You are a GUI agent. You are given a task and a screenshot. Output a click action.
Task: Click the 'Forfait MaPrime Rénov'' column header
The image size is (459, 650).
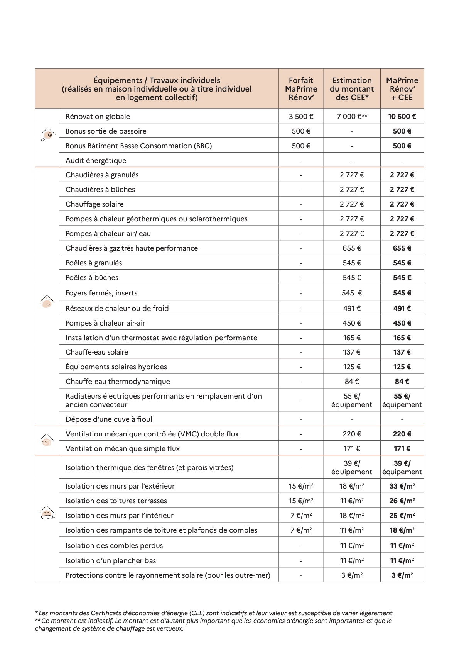[x=301, y=89]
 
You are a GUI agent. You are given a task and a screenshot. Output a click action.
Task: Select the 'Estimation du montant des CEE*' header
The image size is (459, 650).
[x=352, y=89]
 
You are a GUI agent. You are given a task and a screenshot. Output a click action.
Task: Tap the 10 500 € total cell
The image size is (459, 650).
[x=402, y=117]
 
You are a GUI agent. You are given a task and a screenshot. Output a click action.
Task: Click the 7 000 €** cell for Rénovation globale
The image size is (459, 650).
[x=352, y=117]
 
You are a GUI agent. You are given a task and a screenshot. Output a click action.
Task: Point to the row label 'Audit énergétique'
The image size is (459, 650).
[x=96, y=161]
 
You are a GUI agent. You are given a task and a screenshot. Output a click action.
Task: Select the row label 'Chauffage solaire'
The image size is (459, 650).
[x=94, y=204]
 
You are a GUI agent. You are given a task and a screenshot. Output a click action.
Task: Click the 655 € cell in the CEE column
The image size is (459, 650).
[x=352, y=248]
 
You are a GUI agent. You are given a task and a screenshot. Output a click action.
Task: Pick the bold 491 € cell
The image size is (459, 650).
[x=402, y=309]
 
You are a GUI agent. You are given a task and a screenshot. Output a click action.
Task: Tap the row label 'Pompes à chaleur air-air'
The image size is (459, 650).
[x=105, y=323]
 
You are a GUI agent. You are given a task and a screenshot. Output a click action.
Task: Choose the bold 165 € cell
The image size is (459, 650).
[x=402, y=338]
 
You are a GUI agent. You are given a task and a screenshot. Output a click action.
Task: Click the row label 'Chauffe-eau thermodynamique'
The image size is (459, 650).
[x=118, y=382]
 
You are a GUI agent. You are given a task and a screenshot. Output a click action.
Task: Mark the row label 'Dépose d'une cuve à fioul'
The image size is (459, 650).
[x=109, y=419]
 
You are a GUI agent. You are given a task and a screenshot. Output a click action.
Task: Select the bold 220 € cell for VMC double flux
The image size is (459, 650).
[x=402, y=434]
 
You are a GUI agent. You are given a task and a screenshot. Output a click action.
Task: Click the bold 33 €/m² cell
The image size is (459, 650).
[x=402, y=486]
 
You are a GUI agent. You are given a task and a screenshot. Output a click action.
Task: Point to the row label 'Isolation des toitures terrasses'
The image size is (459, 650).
[x=116, y=501]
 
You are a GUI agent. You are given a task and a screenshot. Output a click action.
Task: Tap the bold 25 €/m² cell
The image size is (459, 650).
[x=402, y=516]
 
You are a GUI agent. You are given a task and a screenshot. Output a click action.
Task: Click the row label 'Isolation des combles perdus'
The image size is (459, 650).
[x=114, y=546]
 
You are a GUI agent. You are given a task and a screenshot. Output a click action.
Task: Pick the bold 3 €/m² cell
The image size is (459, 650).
[x=402, y=575]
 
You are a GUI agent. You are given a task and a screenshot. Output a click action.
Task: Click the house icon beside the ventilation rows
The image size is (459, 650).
[x=47, y=441]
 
